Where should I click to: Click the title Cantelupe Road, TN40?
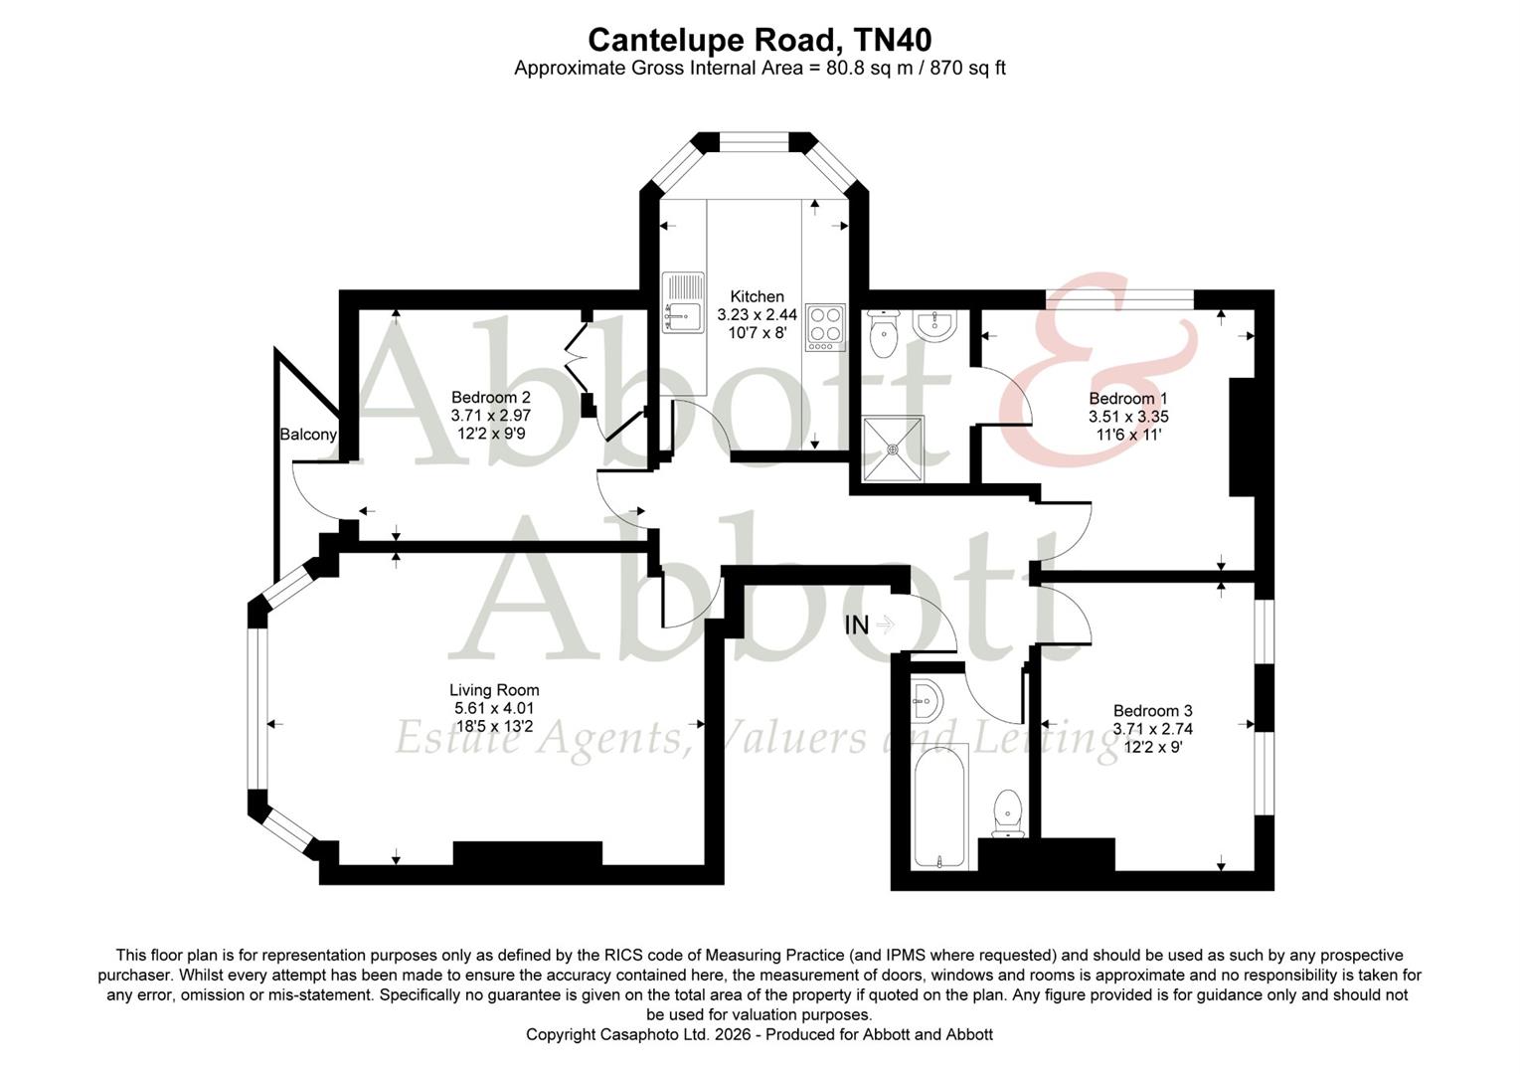(760, 40)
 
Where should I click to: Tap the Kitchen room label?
(757, 296)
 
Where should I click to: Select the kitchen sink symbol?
(683, 302)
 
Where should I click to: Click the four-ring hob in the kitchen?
(824, 326)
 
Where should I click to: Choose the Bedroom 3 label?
(1152, 711)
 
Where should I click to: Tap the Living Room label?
(494, 690)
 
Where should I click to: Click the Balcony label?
(308, 435)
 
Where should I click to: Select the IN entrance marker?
(857, 625)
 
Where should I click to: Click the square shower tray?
(893, 448)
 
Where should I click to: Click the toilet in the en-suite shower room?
(883, 334)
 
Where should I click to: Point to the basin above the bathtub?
(924, 700)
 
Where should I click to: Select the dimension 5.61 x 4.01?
(494, 708)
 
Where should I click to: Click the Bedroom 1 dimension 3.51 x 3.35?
(1127, 417)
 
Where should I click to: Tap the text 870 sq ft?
(967, 68)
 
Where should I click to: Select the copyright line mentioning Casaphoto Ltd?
(760, 1034)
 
